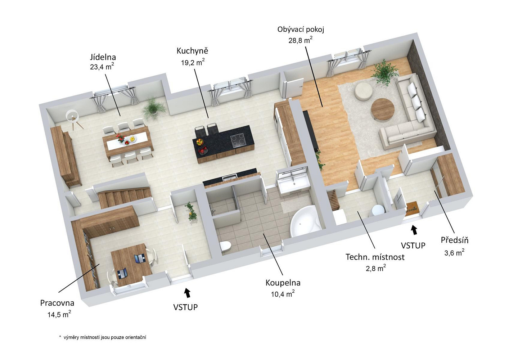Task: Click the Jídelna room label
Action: tap(103, 57)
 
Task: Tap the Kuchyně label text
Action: tap(192, 51)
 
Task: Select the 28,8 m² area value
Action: tap(301, 40)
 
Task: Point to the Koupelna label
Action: tap(283, 283)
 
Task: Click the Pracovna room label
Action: tap(57, 303)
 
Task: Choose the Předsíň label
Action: tap(455, 240)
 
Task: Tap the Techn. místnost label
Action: tap(375, 257)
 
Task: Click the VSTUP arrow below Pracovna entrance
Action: tap(187, 293)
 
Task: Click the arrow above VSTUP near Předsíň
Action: tap(414, 230)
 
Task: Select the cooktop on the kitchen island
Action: tap(238, 140)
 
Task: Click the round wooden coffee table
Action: tap(382, 109)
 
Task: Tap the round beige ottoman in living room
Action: tap(362, 91)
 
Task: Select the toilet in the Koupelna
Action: tap(225, 246)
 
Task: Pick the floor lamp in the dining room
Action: tap(73, 120)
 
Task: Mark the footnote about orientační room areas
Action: tap(103, 337)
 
